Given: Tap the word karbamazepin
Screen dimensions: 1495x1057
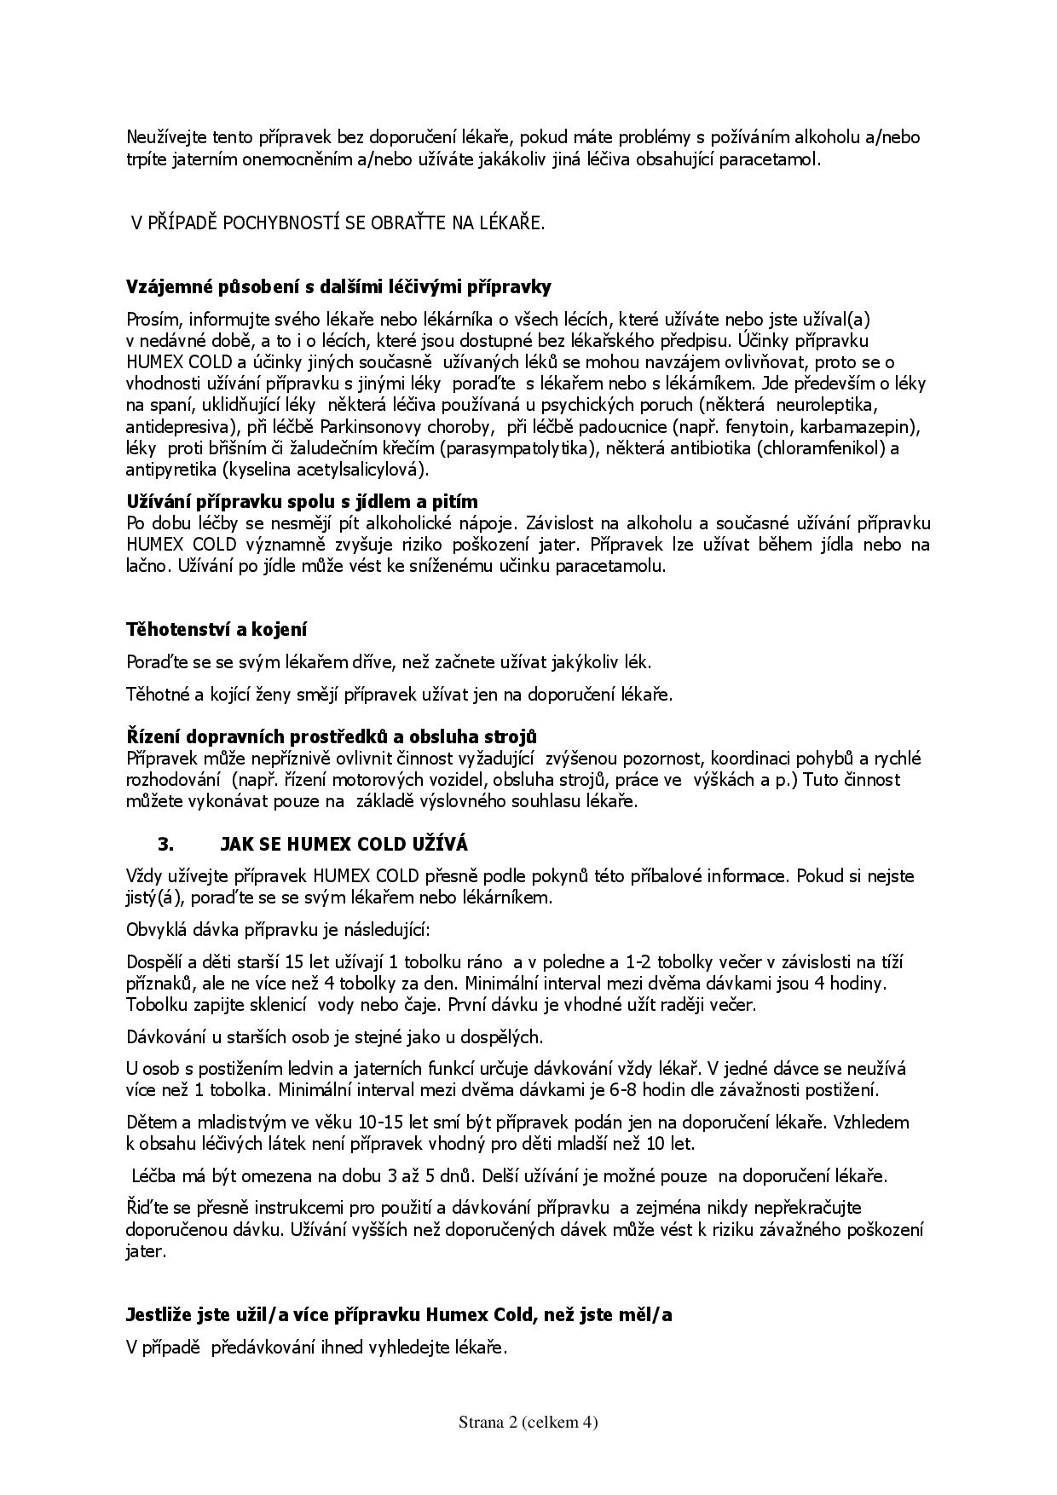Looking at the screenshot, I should click(869, 426).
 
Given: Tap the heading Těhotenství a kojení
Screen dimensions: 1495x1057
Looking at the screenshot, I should click(217, 630).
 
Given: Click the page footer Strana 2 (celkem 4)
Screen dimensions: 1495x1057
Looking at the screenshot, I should click(528, 1422).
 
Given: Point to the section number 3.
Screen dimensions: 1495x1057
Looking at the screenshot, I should click(165, 845).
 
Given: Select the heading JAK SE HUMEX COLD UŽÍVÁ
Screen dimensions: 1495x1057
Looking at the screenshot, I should click(344, 845).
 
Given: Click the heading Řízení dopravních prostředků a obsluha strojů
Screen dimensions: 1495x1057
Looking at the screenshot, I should click(332, 736).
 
